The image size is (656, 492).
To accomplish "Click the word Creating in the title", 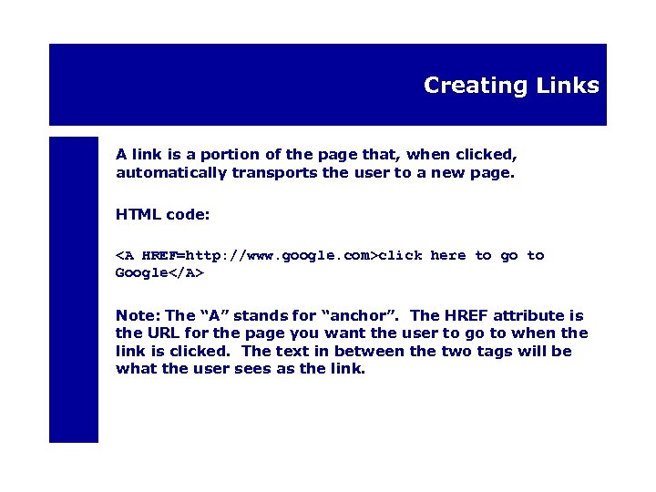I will coord(464,86).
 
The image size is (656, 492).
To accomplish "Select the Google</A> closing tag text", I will coord(159,272).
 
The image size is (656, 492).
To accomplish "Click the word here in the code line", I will coord(447,256).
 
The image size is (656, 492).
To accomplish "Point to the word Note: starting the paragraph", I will coord(138,316).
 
